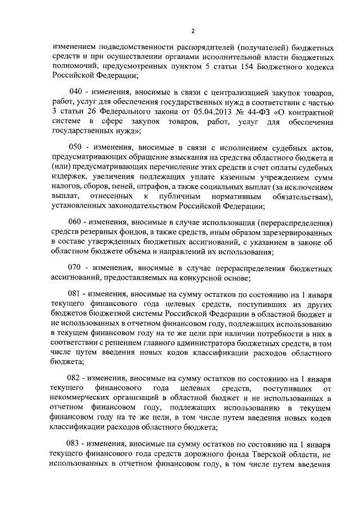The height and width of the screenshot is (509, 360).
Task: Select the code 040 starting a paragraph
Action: (76, 92)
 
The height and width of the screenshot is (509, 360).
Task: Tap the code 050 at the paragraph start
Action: (76, 147)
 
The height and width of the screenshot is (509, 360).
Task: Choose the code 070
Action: (76, 269)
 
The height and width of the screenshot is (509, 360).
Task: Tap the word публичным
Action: (179, 195)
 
